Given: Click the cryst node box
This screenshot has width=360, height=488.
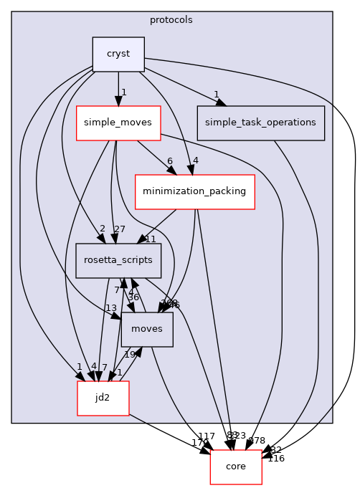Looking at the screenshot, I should point(118,54).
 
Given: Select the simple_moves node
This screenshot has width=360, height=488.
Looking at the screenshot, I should point(118,123).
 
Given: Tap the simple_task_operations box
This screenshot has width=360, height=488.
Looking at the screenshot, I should point(260,123).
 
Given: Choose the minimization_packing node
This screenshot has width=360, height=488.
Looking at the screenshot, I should point(194,191).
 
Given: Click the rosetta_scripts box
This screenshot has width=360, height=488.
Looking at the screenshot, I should point(118,261).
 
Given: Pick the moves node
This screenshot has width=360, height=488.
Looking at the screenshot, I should point(147,329).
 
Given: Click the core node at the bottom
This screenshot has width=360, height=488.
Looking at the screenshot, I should point(235,467).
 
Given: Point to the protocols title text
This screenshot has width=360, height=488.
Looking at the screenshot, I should point(171,20).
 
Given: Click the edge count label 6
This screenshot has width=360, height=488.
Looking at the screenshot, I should point(169,161).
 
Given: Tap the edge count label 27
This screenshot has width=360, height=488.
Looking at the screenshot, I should point(119,230).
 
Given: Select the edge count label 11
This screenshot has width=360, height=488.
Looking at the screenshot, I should point(151,239).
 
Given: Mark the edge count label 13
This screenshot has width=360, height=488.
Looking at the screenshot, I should point(110,308).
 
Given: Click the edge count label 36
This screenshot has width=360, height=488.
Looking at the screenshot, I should point(133,297).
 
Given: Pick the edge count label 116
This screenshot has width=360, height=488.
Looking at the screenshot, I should point(276,459).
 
